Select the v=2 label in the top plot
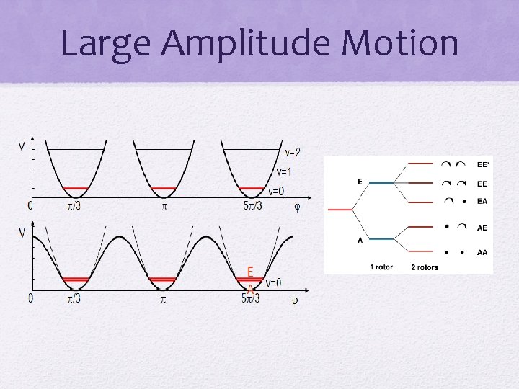[x=292, y=152]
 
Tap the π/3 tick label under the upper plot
[x=74, y=207]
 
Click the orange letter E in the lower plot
[x=250, y=272]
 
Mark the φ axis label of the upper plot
[x=297, y=207]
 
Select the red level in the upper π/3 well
[x=75, y=188]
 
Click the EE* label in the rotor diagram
[x=483, y=164]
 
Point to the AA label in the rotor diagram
[x=482, y=253]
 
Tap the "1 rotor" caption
[x=381, y=267]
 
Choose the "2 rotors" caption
[x=425, y=267]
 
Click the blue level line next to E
[x=381, y=182]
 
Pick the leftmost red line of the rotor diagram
[x=340, y=210]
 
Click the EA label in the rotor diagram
[x=482, y=201]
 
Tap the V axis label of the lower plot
[x=22, y=233]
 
